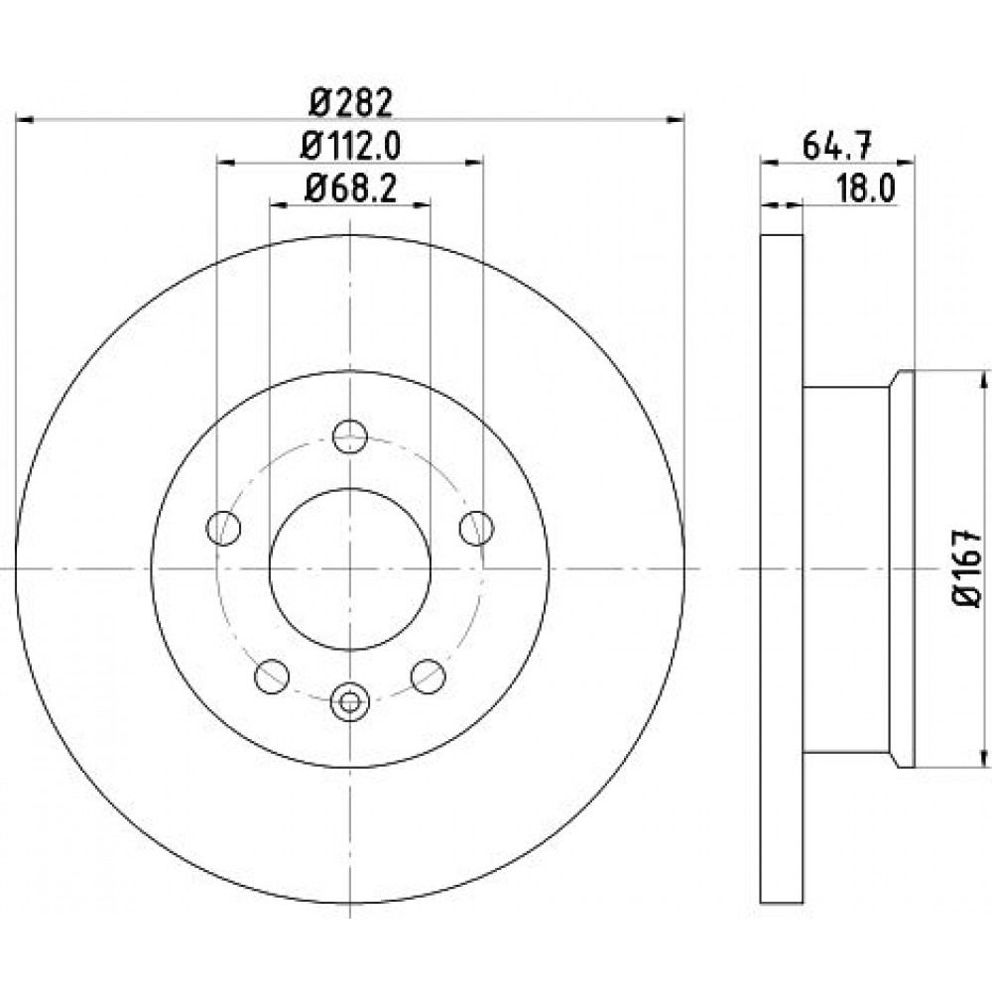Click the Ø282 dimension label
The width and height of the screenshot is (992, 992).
pos(350,102)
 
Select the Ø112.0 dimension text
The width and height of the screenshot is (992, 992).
pos(350,146)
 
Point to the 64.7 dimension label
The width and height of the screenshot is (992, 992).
pos(837,146)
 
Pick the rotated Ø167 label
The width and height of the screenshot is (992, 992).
pos(966,568)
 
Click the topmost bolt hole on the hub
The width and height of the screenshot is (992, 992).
pos(350,435)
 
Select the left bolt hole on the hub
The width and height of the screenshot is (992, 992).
pos(223,528)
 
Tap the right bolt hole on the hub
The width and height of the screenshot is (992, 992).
pos(476,528)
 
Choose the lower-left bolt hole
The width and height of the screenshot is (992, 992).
pos(272,676)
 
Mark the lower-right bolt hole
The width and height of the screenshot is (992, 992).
pos(429,676)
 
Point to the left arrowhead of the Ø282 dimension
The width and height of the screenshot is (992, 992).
pos(24,119)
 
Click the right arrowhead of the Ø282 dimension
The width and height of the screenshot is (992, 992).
pos(676,119)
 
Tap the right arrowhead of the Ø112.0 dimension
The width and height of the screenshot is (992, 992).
pos(474,163)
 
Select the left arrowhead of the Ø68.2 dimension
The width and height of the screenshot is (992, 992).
pos(279,204)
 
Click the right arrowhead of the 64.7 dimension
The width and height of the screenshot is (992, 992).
pos(906,163)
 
